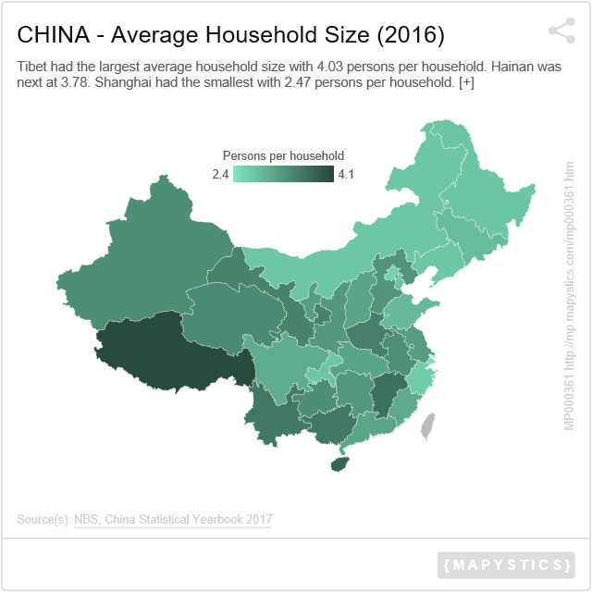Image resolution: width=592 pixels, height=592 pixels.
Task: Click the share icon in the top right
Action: point(561,31)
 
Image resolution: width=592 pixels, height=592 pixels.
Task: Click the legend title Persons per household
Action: point(283,155)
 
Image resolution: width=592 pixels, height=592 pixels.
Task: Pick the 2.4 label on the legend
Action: point(220,174)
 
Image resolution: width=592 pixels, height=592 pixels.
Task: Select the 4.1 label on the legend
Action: point(347,174)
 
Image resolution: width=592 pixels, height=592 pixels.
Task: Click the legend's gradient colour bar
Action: point(283,174)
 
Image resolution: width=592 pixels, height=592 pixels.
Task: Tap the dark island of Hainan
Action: point(340,462)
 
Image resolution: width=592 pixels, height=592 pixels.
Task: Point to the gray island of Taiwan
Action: point(426,425)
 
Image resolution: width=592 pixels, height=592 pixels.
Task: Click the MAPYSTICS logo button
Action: point(506,564)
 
